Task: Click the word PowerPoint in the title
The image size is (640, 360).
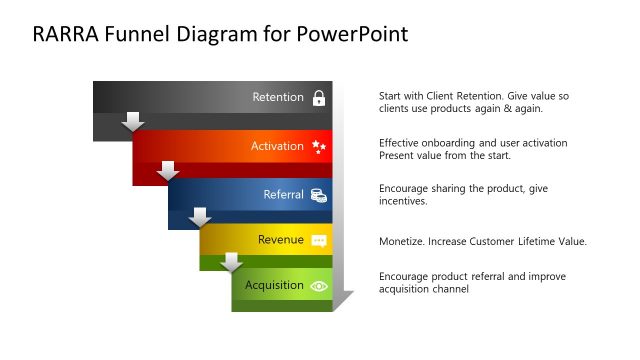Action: (x=353, y=35)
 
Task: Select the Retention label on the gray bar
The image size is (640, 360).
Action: (x=278, y=98)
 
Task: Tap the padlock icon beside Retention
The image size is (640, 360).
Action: (x=319, y=98)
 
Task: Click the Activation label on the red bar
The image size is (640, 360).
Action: (x=277, y=146)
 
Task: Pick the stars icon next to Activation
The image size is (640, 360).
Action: (x=319, y=147)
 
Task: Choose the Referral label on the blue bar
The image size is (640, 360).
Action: (x=283, y=194)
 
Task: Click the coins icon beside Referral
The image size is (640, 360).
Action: (x=319, y=195)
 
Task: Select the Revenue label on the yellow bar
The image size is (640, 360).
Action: (x=280, y=240)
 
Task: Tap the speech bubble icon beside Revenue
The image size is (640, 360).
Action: (x=319, y=241)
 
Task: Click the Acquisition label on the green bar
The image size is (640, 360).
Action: (x=274, y=285)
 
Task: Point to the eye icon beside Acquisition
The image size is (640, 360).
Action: (x=319, y=286)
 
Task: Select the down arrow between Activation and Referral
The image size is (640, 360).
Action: (x=168, y=170)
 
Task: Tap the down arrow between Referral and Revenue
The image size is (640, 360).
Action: (x=200, y=217)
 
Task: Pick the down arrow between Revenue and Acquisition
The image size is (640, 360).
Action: (x=232, y=262)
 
